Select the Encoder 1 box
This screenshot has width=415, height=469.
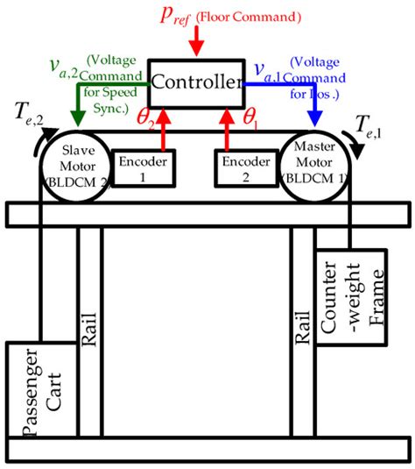click(x=144, y=167)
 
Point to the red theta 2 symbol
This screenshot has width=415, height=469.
click(x=149, y=117)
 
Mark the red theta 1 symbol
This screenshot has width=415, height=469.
click(x=250, y=117)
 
